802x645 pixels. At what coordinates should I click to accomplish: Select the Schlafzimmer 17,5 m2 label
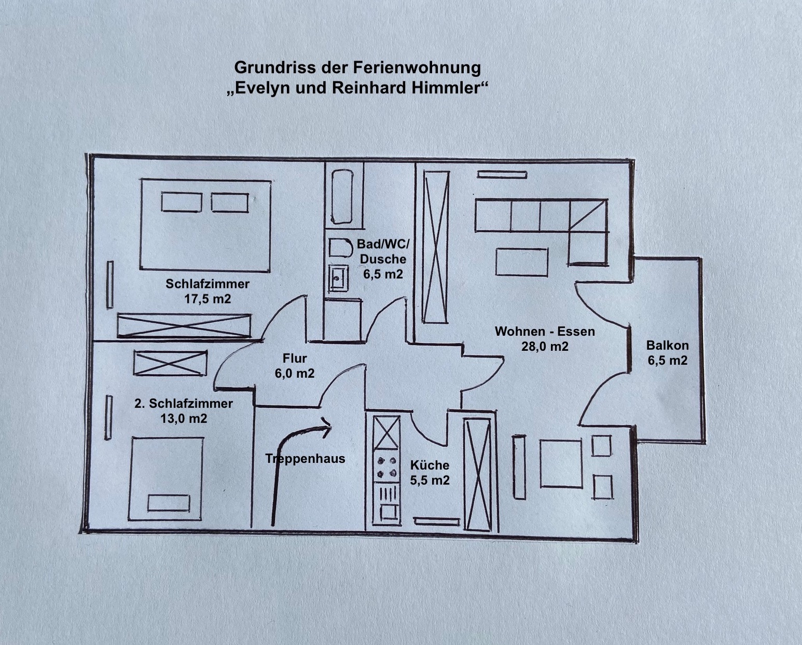tap(208, 291)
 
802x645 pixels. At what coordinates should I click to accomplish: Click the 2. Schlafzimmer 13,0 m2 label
tap(184, 410)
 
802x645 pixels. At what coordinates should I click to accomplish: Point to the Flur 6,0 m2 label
tap(295, 365)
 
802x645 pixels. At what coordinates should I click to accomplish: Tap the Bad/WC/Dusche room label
tap(383, 258)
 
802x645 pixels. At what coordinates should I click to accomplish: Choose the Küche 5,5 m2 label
tap(430, 472)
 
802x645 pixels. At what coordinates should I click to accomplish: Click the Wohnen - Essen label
tap(545, 338)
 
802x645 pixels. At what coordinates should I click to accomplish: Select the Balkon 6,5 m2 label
tap(668, 352)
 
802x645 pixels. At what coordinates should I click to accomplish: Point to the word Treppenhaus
tap(305, 459)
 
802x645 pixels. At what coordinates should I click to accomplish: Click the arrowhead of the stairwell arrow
tap(326, 425)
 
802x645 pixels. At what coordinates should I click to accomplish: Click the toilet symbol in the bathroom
tap(339, 249)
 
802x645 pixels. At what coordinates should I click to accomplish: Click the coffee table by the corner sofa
tap(521, 262)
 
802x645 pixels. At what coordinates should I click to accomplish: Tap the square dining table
tap(560, 463)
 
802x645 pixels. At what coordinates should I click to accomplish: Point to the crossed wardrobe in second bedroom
tap(170, 363)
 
